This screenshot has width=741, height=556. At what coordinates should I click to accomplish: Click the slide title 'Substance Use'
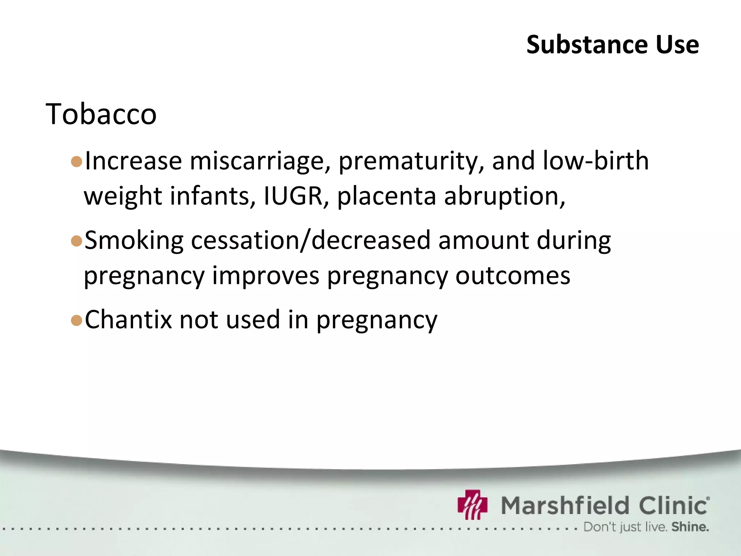coord(612,45)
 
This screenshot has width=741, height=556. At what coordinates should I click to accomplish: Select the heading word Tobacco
coord(101,114)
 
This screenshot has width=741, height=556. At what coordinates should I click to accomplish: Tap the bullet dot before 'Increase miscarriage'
coord(77,161)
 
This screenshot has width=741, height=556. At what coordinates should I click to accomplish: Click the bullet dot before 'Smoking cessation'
coord(77,241)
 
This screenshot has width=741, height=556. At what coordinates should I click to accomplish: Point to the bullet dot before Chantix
coord(77,320)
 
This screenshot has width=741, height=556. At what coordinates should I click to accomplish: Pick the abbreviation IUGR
coord(293,196)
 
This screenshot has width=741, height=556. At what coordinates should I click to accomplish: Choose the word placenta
coord(386,196)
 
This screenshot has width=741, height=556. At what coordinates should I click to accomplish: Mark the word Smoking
coord(134,241)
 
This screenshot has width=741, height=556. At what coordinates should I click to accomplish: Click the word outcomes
coord(512,276)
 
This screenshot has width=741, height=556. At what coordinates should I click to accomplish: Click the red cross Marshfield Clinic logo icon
coord(472,505)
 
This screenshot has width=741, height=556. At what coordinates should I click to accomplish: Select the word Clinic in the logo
coord(673,505)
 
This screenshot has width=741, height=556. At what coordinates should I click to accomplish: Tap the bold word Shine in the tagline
coord(690,527)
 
